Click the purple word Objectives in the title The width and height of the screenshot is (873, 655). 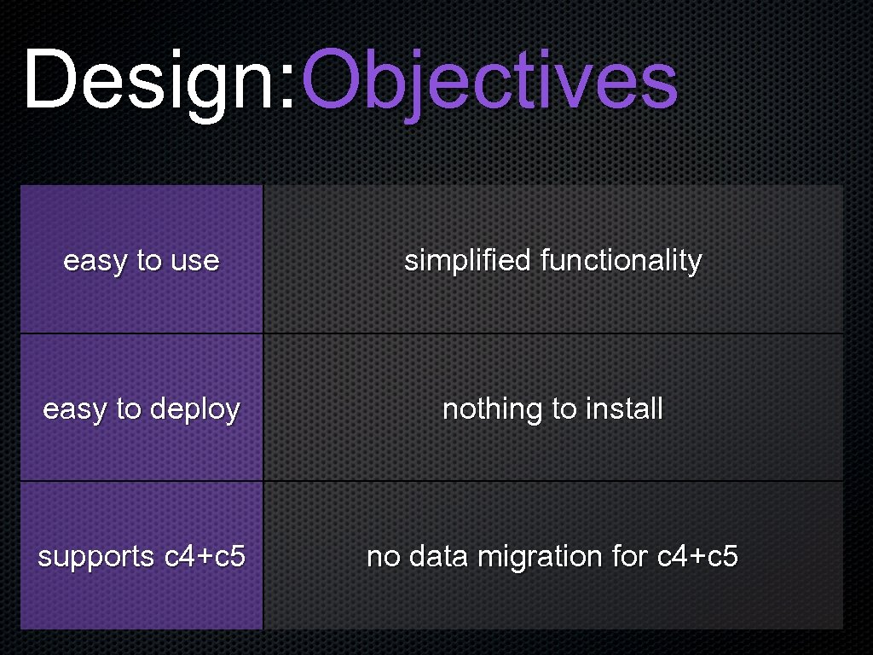490,81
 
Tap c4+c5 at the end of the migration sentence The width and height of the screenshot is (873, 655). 697,557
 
